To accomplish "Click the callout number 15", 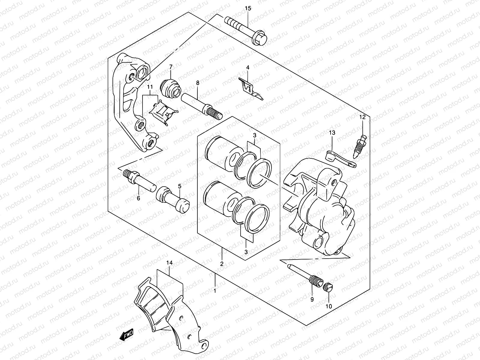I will (x=248, y=8).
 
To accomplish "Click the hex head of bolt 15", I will (x=261, y=38).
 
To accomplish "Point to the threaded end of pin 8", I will (x=215, y=114).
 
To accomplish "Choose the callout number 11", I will (x=150, y=87).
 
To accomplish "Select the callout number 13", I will (x=332, y=133).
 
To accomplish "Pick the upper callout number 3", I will (x=254, y=136).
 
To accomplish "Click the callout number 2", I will (x=222, y=264).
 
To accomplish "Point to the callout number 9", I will (x=312, y=299).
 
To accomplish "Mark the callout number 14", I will (x=170, y=263).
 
